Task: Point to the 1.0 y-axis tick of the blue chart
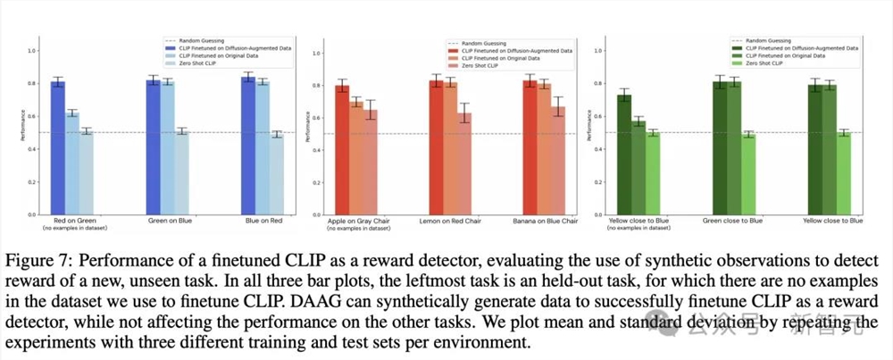32,51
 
